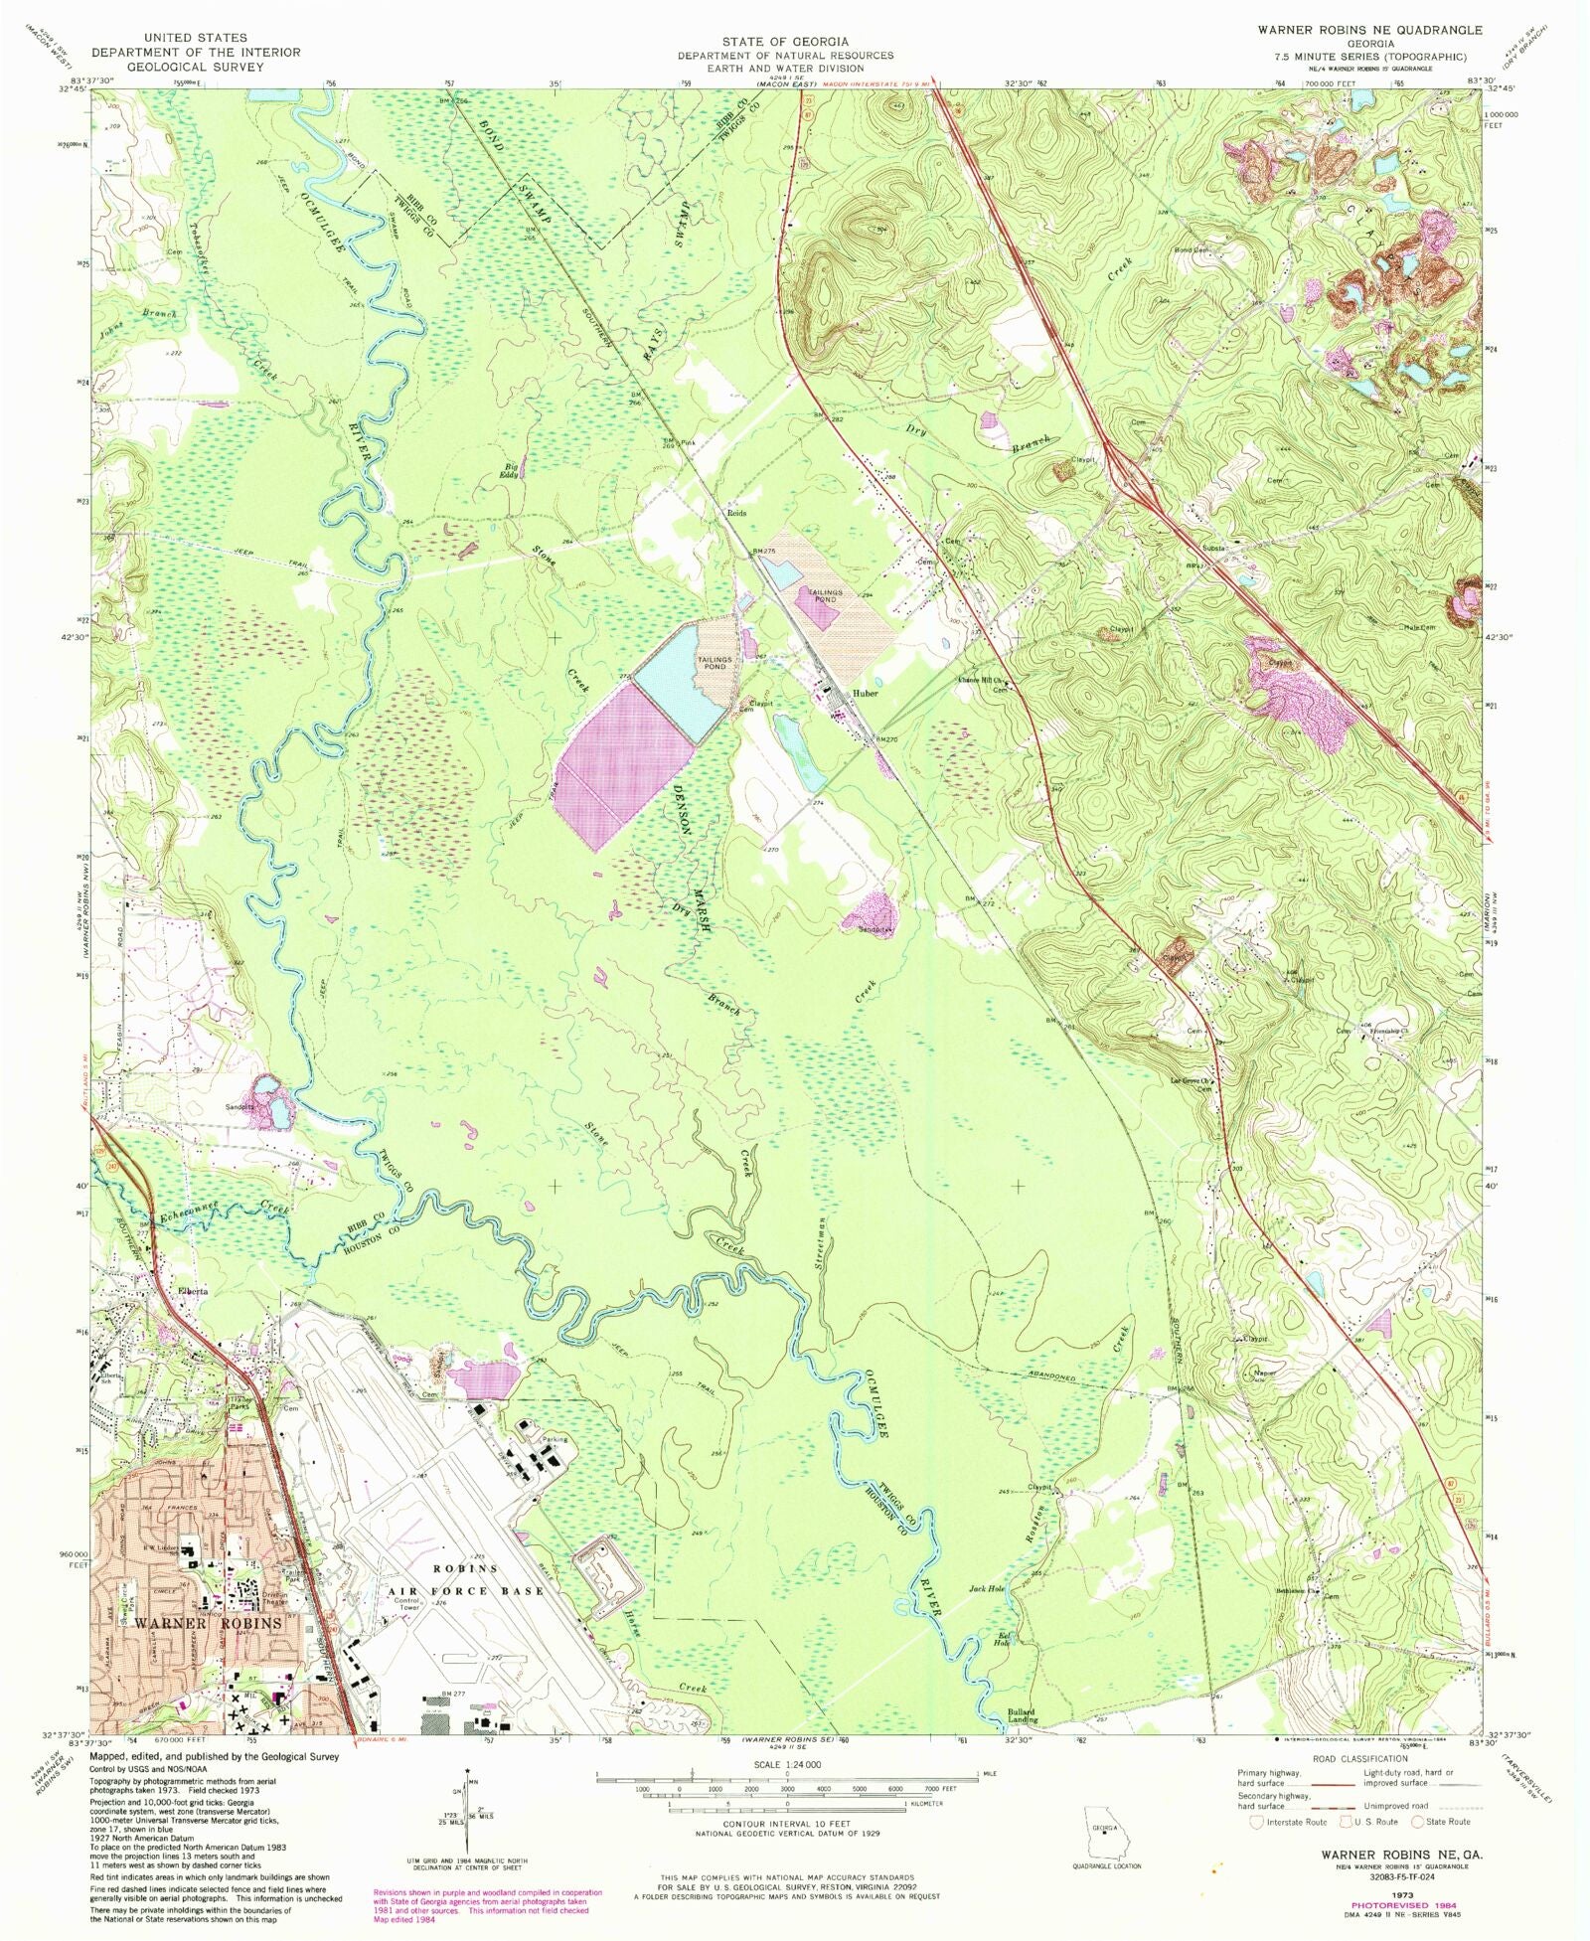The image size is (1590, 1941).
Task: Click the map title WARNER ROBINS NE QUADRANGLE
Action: [1369, 30]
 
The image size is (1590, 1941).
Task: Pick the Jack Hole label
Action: [987, 1617]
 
